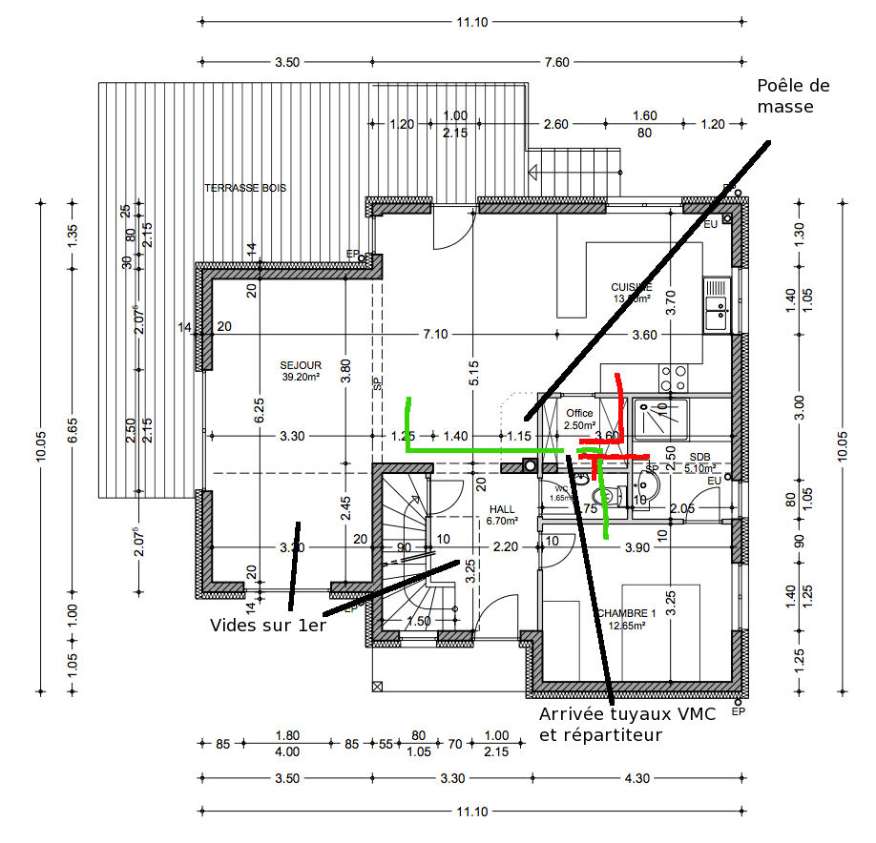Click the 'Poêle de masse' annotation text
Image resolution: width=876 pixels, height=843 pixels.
pyautogui.click(x=792, y=96)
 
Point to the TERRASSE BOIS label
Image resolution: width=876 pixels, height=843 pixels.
pyautogui.click(x=245, y=188)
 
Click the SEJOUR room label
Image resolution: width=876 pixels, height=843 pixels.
pyautogui.click(x=301, y=365)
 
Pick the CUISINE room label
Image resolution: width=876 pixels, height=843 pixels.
pyautogui.click(x=631, y=287)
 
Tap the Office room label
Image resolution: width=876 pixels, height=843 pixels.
pyautogui.click(x=579, y=413)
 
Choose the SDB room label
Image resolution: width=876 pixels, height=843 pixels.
pyautogui.click(x=700, y=457)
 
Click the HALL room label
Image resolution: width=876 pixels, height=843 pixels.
pyautogui.click(x=501, y=510)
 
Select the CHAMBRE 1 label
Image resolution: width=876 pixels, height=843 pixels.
pyautogui.click(x=626, y=612)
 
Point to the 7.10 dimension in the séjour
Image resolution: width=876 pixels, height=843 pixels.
pyautogui.click(x=436, y=335)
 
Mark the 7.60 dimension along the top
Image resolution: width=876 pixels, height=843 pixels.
pyautogui.click(x=556, y=62)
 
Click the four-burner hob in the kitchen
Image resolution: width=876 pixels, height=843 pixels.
pyautogui.click(x=674, y=378)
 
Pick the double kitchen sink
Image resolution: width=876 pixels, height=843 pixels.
pyautogui.click(x=717, y=304)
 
